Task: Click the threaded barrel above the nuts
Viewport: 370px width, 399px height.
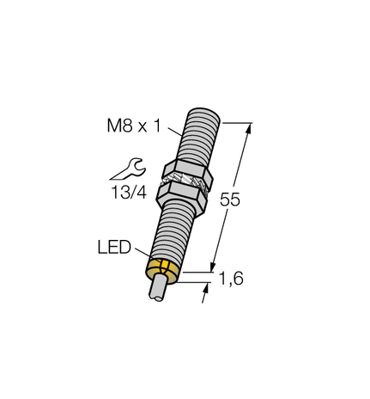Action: [x=196, y=133]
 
